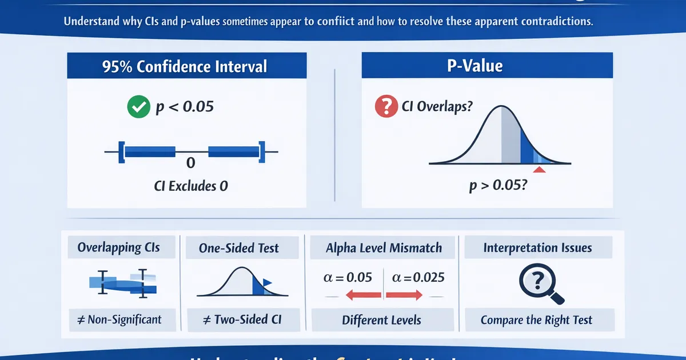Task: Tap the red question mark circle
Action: click(x=386, y=106)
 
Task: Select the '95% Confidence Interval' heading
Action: click(x=185, y=66)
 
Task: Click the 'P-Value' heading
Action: click(x=474, y=66)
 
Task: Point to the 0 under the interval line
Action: click(x=191, y=163)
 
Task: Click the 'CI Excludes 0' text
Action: click(x=191, y=186)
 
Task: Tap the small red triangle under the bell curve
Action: click(x=539, y=170)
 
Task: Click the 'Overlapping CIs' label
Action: click(x=118, y=247)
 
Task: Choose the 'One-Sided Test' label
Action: click(x=239, y=248)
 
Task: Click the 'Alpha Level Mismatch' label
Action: click(x=384, y=248)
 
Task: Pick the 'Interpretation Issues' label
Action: click(x=537, y=248)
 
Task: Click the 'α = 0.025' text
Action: click(x=418, y=278)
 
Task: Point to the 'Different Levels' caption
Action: click(x=381, y=320)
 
